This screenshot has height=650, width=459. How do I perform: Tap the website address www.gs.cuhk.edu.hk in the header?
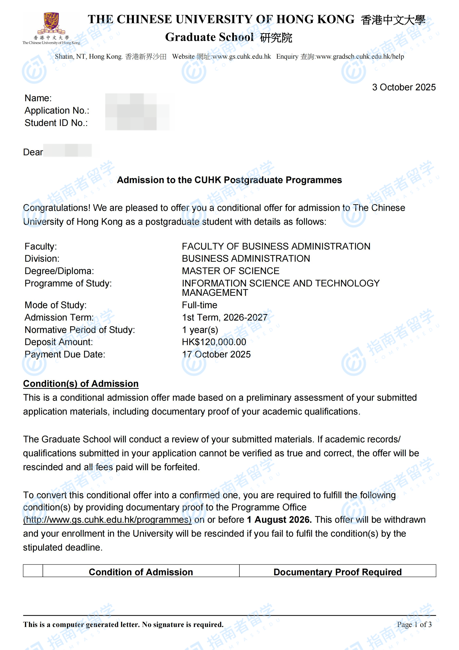pyautogui.click(x=241, y=57)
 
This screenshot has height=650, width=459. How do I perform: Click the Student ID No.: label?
pyautogui.click(x=56, y=123)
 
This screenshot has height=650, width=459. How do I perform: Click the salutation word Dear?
pyautogui.click(x=33, y=152)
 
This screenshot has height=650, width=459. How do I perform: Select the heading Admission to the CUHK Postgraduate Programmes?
pyautogui.click(x=229, y=180)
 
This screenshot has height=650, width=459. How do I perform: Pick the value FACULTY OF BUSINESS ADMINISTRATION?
pyautogui.click(x=276, y=246)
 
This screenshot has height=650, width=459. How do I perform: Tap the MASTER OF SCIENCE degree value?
pyautogui.click(x=230, y=271)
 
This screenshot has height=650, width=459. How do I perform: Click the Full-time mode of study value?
pyautogui.click(x=199, y=305)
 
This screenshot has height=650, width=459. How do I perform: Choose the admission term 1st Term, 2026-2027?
pyautogui.click(x=224, y=317)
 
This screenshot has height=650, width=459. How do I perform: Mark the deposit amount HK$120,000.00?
pyautogui.click(x=214, y=342)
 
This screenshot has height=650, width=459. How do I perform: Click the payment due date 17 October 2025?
pyautogui.click(x=216, y=354)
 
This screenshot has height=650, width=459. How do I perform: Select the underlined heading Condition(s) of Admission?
pyautogui.click(x=81, y=384)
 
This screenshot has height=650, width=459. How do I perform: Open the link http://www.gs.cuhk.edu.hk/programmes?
pyautogui.click(x=107, y=520)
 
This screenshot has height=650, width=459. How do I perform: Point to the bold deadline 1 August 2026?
pyautogui.click(x=279, y=520)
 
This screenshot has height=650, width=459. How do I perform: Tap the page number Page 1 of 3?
pyautogui.click(x=414, y=625)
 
